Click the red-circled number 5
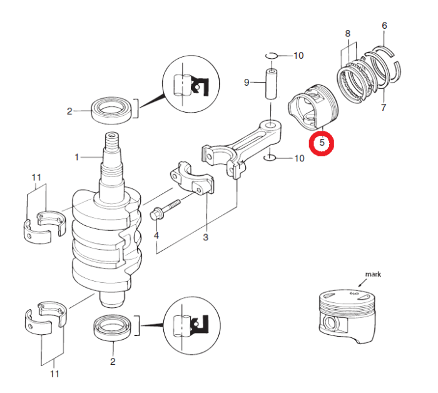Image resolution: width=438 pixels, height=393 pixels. [322, 143]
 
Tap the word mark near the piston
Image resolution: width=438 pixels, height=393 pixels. [373, 274]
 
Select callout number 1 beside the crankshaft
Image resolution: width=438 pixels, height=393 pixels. [77, 157]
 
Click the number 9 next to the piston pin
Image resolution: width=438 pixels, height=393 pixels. [247, 83]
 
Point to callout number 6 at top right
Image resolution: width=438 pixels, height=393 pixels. [384, 26]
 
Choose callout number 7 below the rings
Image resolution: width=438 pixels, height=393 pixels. [384, 107]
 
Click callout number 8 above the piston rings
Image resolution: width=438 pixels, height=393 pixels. [347, 34]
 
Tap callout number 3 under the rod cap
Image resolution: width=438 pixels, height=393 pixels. [206, 237]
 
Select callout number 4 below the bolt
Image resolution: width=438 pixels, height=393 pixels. [156, 235]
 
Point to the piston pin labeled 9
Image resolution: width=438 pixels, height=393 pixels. [271, 83]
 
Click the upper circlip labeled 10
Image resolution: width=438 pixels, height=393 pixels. [271, 56]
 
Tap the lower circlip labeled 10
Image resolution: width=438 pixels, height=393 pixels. [270, 158]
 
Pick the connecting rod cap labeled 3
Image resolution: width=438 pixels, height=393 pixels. [192, 180]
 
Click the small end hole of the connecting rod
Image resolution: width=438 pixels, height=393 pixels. [270, 125]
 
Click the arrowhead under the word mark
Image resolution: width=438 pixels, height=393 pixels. [360, 286]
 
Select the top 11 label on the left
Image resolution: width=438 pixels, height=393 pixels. [36, 178]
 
